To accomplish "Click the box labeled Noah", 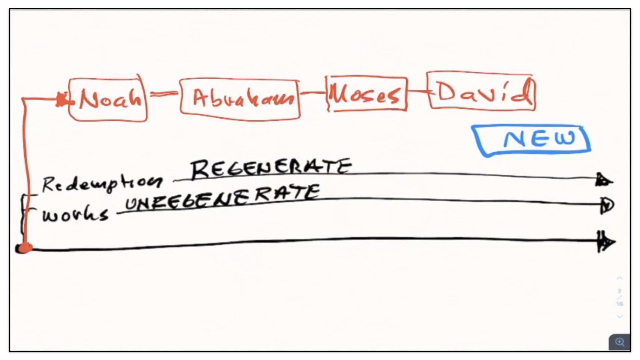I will coord(108,99).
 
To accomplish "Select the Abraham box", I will coord(240,99).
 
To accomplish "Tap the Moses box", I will coord(366,94).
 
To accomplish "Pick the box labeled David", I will coord(481,91).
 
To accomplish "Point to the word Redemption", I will coord(102,184).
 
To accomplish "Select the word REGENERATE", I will coord(271,168).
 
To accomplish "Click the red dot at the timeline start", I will coord(24,248).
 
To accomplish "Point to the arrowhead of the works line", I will coord(607,205).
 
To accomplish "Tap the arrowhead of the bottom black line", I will coord(606,242).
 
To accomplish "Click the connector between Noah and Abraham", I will coord(163,94).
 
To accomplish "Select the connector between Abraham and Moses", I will coord(313,93).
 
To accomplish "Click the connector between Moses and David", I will coord(417,91).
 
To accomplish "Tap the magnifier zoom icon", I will coord(620,342).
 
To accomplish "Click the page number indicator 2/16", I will coord(620,297).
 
